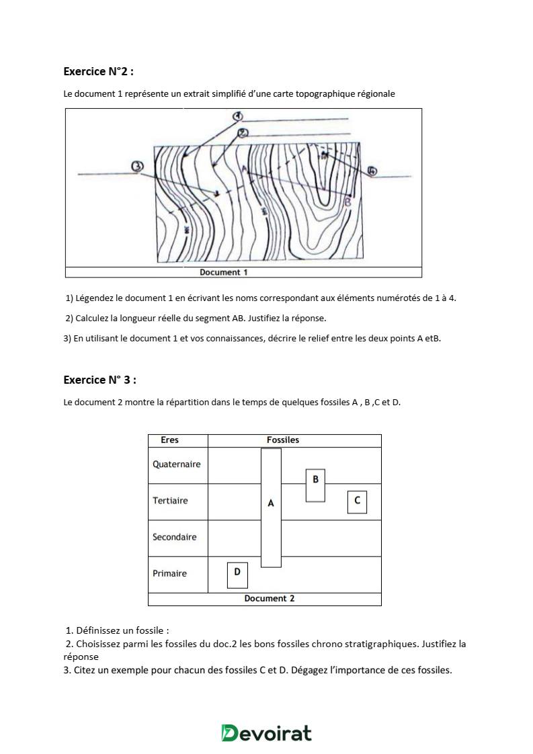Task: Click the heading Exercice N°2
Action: click(x=103, y=71)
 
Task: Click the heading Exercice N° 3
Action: click(x=99, y=380)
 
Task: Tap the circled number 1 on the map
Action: click(x=237, y=116)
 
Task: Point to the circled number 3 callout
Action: click(x=137, y=166)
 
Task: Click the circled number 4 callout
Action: click(x=372, y=171)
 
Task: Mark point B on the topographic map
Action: click(x=347, y=201)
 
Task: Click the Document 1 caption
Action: click(x=224, y=272)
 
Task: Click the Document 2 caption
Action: click(x=269, y=598)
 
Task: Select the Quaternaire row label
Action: click(x=176, y=464)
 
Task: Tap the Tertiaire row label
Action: click(x=170, y=501)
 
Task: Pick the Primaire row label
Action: click(x=169, y=573)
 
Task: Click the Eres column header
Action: click(x=170, y=440)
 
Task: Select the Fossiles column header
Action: click(x=282, y=440)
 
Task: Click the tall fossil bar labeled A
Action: click(x=271, y=507)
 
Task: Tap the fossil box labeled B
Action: click(x=315, y=485)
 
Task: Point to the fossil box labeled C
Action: click(x=357, y=501)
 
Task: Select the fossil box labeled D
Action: click(x=237, y=575)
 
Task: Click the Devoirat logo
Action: click(x=266, y=732)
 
